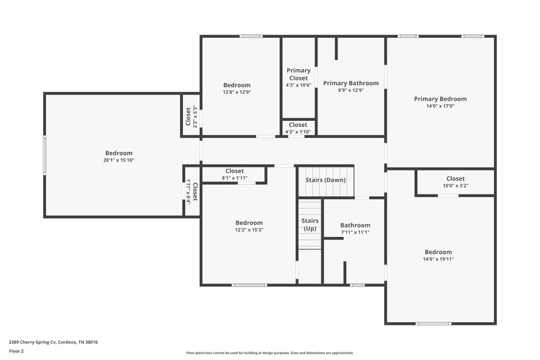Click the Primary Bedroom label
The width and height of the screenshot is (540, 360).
coord(440,99)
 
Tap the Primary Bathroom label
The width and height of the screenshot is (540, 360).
coord(350,83)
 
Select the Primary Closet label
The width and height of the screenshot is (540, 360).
coord(298,74)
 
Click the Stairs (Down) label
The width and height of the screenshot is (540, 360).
coord(325,180)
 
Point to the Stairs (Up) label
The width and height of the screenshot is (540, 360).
coord(309,224)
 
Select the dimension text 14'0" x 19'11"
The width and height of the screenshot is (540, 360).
coord(438,259)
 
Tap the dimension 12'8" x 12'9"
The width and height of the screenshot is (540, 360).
coord(236,92)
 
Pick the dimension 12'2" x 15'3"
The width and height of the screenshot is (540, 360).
coord(248,230)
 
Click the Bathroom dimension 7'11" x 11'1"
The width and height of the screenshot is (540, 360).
coord(355,232)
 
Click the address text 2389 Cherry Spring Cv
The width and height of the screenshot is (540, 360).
coord(53,342)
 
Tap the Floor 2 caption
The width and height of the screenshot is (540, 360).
coord(16,351)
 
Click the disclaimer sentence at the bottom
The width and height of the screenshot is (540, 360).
coord(269,353)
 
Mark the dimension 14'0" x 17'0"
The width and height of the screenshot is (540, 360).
coord(440,106)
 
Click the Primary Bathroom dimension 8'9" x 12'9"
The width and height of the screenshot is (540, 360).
coord(350,91)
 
